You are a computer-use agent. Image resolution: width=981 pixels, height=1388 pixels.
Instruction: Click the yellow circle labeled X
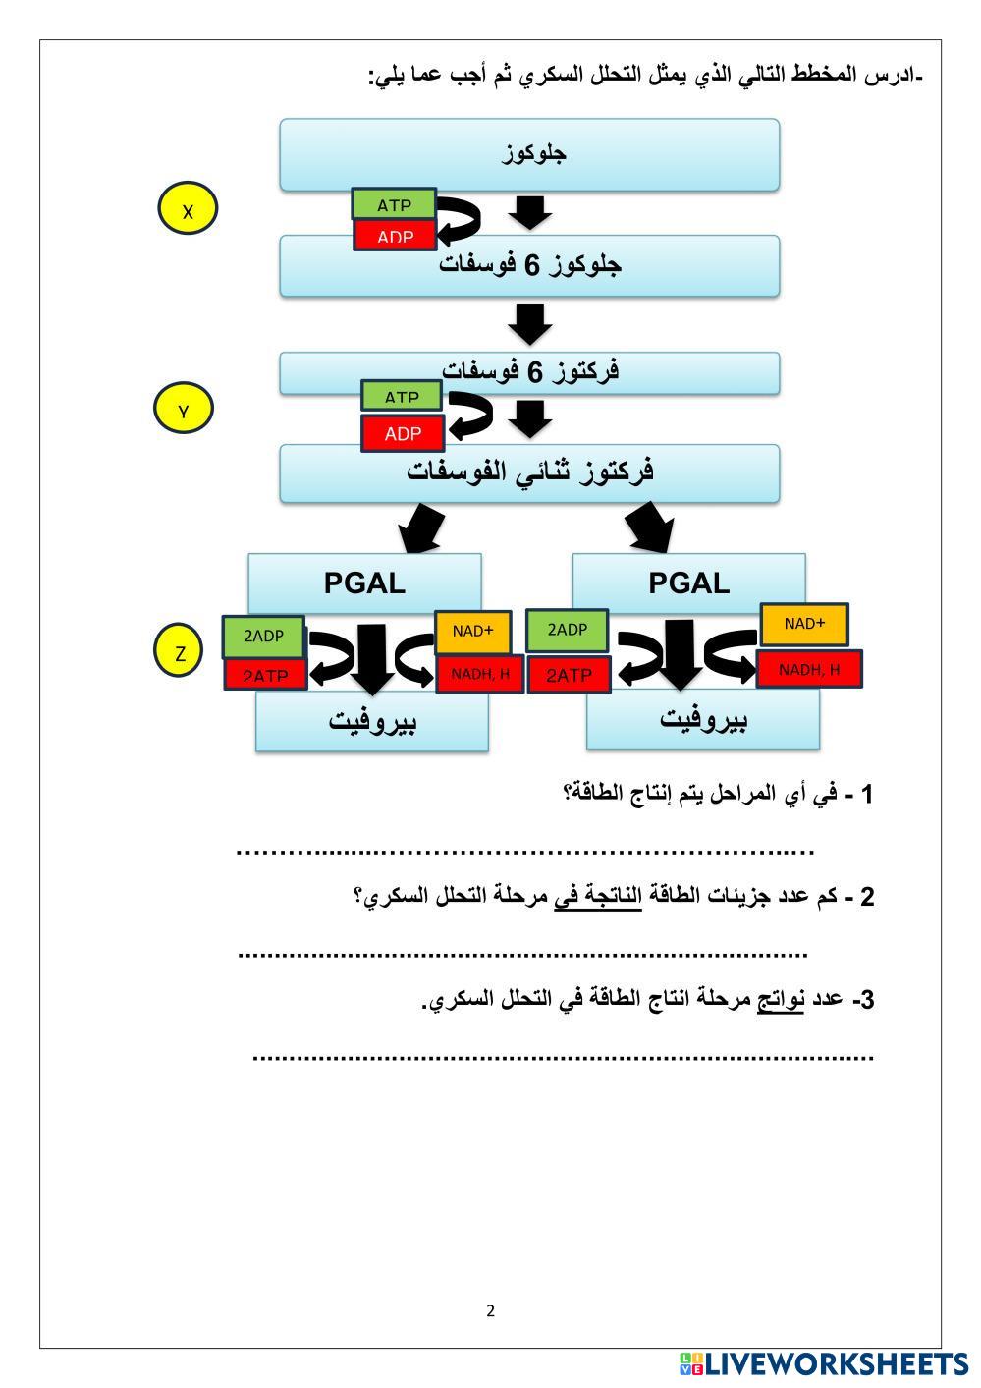tap(188, 210)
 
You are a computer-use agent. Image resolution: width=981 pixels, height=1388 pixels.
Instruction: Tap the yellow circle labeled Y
tap(184, 410)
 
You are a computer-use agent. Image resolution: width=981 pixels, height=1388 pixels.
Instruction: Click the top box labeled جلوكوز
tap(529, 154)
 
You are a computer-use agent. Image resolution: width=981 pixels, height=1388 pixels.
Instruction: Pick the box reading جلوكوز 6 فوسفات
tap(529, 266)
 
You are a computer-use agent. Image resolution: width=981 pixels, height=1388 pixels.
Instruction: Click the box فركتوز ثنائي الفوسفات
tap(529, 472)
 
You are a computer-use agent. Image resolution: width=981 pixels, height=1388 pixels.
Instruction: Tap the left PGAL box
tap(364, 583)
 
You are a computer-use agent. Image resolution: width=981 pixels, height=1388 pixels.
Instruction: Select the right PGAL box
tap(688, 583)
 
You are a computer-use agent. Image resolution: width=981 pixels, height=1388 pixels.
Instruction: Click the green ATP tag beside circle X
tap(394, 204)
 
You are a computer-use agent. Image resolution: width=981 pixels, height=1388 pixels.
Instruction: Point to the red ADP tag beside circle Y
tap(403, 432)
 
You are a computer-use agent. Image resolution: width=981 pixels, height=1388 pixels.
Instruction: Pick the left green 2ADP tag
tap(263, 637)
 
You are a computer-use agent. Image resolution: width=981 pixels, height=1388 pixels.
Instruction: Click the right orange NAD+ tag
tap(804, 624)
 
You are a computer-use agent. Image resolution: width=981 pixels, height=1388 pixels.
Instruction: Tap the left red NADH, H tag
tap(479, 674)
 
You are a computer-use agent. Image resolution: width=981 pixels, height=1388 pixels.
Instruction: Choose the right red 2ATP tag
tap(569, 675)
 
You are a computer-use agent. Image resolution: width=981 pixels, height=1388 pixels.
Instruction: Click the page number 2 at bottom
tap(491, 1310)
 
